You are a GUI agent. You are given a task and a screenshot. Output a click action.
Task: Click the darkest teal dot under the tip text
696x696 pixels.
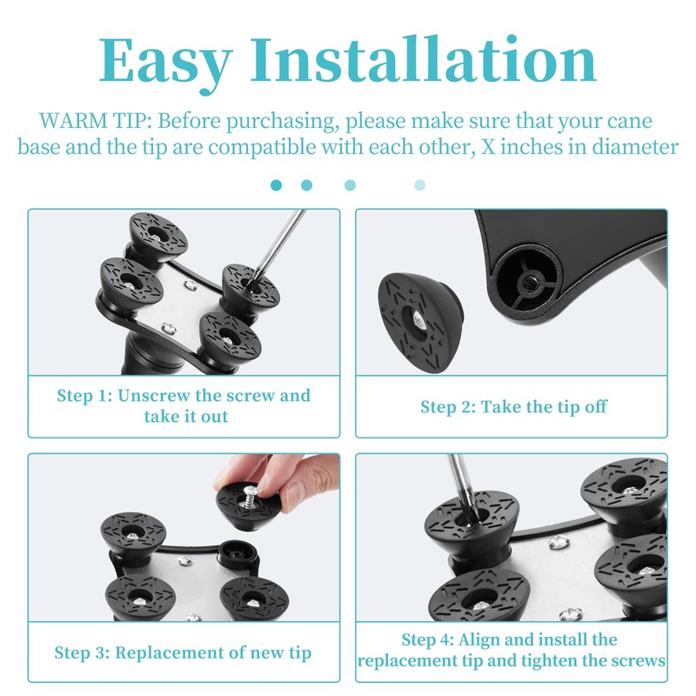click(x=277, y=184)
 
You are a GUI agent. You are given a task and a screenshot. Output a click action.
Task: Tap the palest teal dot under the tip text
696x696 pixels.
click(x=420, y=184)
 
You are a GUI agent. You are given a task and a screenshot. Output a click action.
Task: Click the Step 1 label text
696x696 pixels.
click(x=85, y=396)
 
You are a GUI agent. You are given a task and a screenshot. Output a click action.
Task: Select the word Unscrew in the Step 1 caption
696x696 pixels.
click(x=156, y=396)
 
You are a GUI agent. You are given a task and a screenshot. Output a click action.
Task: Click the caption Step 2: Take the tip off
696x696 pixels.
click(x=513, y=406)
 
